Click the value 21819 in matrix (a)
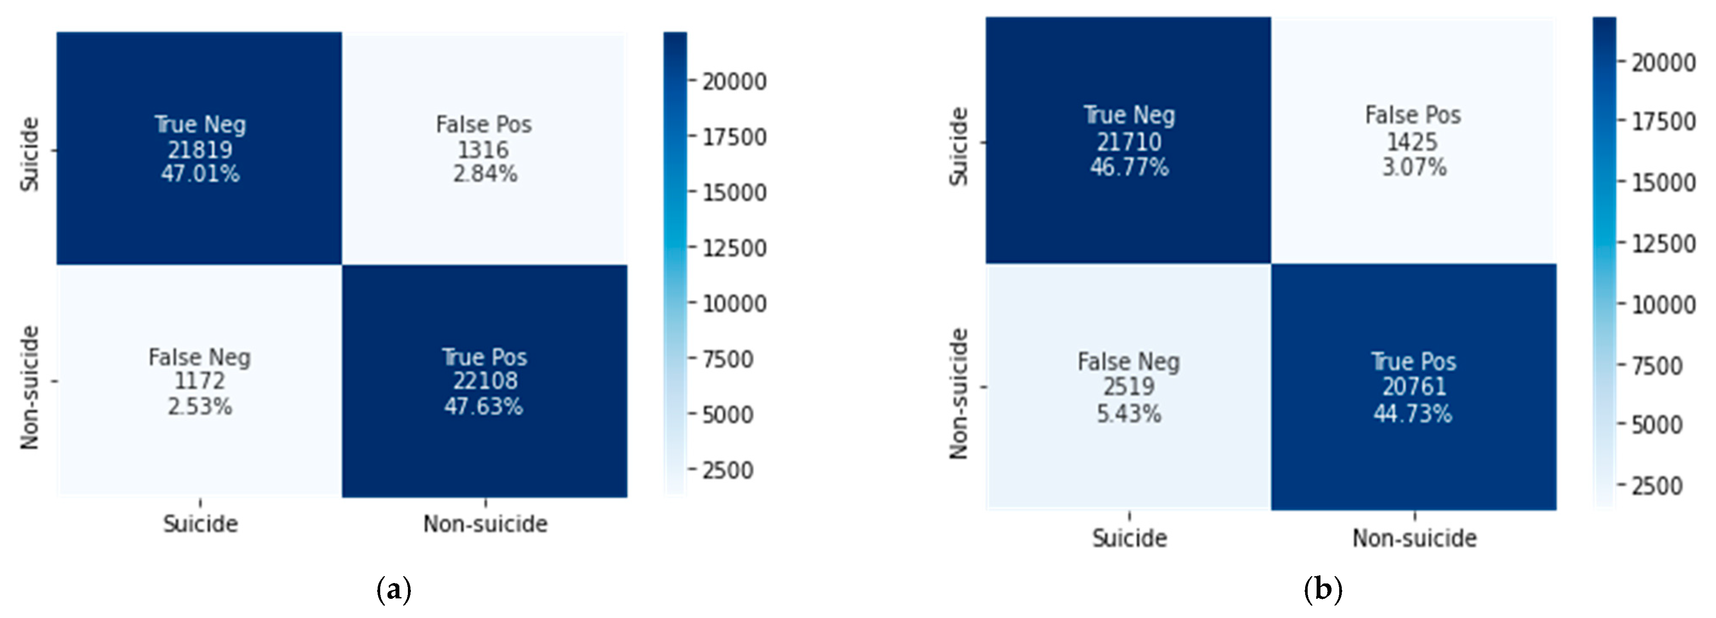tap(200, 149)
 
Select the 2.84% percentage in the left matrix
tap(485, 174)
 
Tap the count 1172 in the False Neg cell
tap(200, 381)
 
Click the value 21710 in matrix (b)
tap(1129, 141)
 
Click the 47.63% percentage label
tap(484, 406)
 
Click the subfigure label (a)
tap(394, 590)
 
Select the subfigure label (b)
tap(1322, 590)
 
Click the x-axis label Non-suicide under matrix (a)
tap(485, 524)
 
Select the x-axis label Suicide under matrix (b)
tap(1129, 538)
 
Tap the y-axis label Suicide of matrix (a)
tap(30, 154)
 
